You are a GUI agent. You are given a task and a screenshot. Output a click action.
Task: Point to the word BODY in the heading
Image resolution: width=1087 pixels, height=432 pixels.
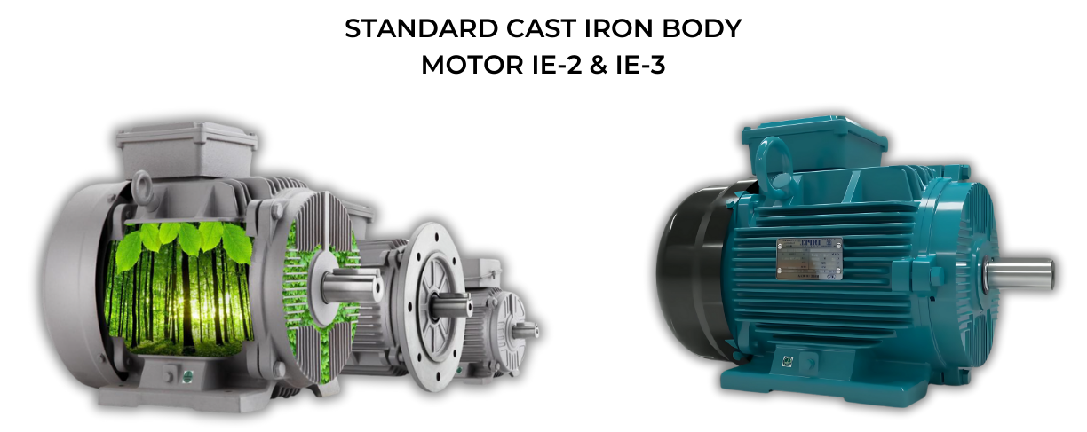(702, 28)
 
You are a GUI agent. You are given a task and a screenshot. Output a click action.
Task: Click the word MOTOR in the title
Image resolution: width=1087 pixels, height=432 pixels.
(465, 65)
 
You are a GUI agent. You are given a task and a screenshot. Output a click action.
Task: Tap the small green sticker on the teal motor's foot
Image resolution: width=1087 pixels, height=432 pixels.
(787, 360)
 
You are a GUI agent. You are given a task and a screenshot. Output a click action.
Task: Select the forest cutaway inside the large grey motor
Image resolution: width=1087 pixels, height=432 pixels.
(182, 284)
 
